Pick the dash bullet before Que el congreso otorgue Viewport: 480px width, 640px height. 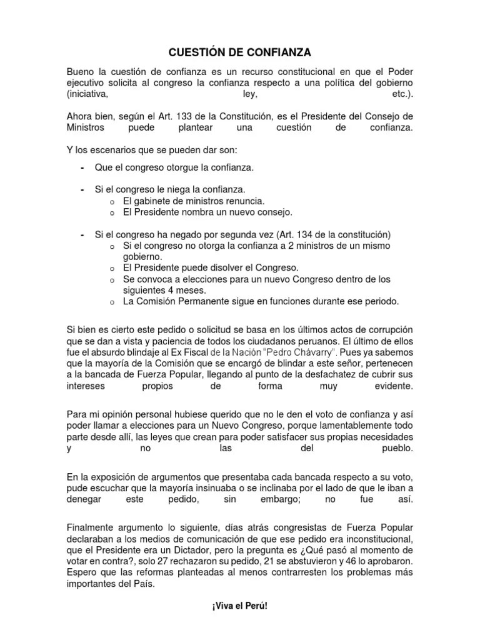pyautogui.click(x=82, y=169)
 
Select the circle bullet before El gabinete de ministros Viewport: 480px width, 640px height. pyautogui.click(x=109, y=201)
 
